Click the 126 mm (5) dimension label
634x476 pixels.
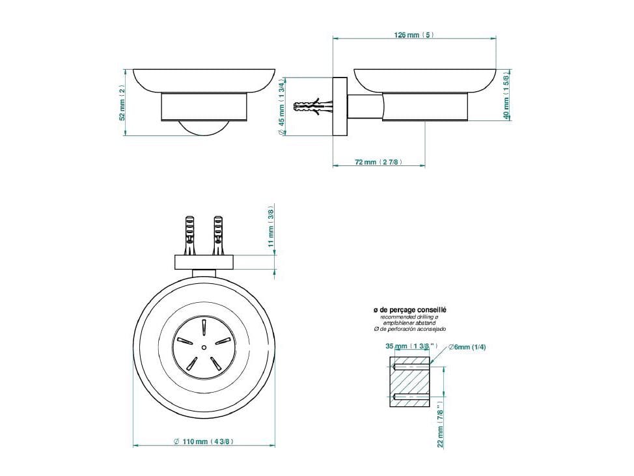414,35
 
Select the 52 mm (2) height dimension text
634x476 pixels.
122,102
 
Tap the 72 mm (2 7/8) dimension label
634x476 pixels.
378,161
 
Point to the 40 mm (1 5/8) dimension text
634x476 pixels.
506,94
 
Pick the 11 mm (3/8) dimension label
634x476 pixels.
271,226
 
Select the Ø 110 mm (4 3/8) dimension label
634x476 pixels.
204,441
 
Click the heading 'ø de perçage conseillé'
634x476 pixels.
409,311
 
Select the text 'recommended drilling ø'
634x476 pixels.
409,317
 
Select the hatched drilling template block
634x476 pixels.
409,382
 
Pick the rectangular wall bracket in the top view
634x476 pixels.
204,262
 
